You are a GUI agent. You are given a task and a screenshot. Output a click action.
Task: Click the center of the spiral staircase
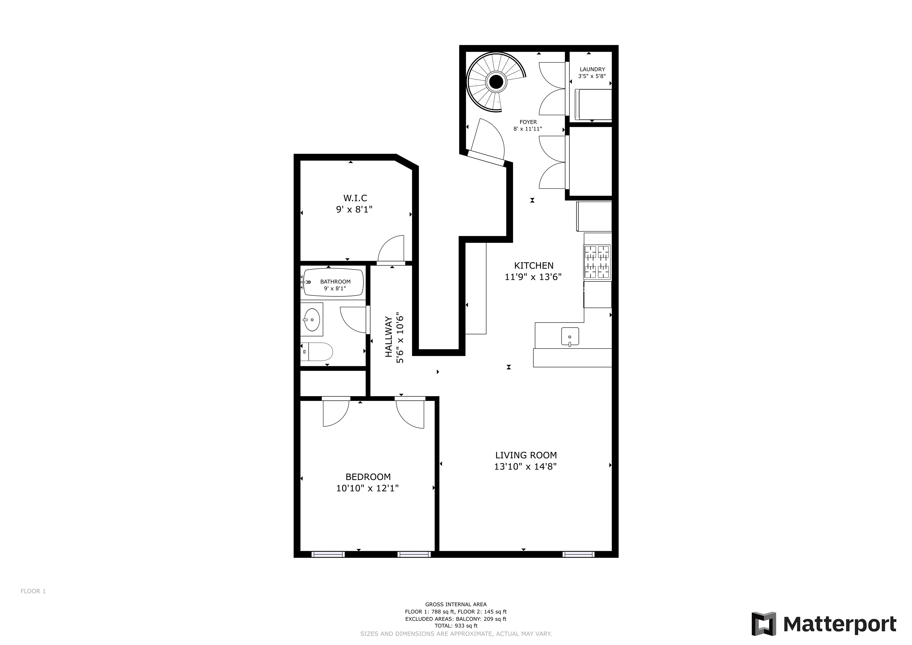click(x=496, y=82)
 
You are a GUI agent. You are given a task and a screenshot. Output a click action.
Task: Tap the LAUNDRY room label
click(x=592, y=69)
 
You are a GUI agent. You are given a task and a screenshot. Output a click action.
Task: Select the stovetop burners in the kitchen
click(x=597, y=262)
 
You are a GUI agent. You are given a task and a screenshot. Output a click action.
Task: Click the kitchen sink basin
click(x=570, y=336)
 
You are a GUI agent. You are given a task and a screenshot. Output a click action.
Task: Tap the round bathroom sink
click(x=312, y=320)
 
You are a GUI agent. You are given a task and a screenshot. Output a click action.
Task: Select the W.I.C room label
click(x=355, y=198)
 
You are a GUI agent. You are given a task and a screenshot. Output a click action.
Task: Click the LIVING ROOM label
click(x=525, y=455)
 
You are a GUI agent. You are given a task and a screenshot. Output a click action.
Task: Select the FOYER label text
click(x=528, y=122)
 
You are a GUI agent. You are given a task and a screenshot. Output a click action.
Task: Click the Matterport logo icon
click(x=764, y=624)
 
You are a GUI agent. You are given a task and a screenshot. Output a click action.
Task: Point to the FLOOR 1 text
click(x=33, y=591)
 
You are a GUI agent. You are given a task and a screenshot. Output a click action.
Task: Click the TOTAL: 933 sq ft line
click(x=456, y=625)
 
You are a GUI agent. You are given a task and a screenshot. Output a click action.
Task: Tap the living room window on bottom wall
click(x=578, y=554)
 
